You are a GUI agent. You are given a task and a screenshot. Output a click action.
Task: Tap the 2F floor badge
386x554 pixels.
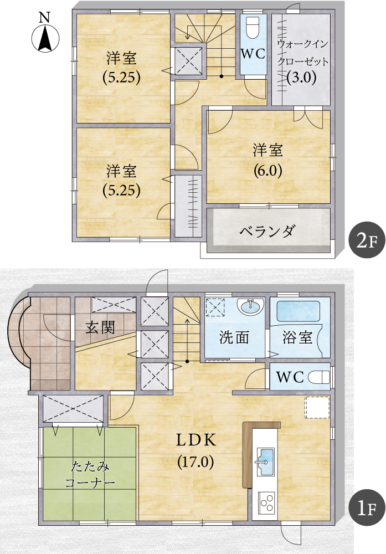click(367, 240)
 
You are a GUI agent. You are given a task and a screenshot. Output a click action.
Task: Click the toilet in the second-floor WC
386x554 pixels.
click(253, 27)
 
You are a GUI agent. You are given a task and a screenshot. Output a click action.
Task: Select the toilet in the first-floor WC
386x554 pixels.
click(319, 377)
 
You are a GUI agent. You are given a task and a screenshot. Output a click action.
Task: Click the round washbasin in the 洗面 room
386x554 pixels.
click(250, 306)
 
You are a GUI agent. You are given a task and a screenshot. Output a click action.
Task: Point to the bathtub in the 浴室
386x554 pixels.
click(298, 311)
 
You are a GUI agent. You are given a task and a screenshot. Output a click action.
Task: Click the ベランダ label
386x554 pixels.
click(267, 231)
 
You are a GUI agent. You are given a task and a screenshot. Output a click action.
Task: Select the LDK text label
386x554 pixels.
click(196, 440)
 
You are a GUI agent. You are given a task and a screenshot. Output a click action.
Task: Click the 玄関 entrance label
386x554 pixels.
click(100, 327)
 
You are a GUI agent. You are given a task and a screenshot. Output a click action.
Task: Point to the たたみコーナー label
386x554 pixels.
click(90, 475)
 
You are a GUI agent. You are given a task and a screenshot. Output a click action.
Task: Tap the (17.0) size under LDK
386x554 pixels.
click(195, 461)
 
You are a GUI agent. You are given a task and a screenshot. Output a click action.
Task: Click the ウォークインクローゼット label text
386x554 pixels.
click(303, 53)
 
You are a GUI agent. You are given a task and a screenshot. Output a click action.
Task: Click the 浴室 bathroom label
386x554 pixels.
click(297, 337)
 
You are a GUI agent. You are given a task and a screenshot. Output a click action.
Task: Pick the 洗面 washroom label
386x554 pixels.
click(234, 337)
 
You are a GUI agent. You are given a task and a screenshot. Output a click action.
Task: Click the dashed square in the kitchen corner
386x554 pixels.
click(317, 407)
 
